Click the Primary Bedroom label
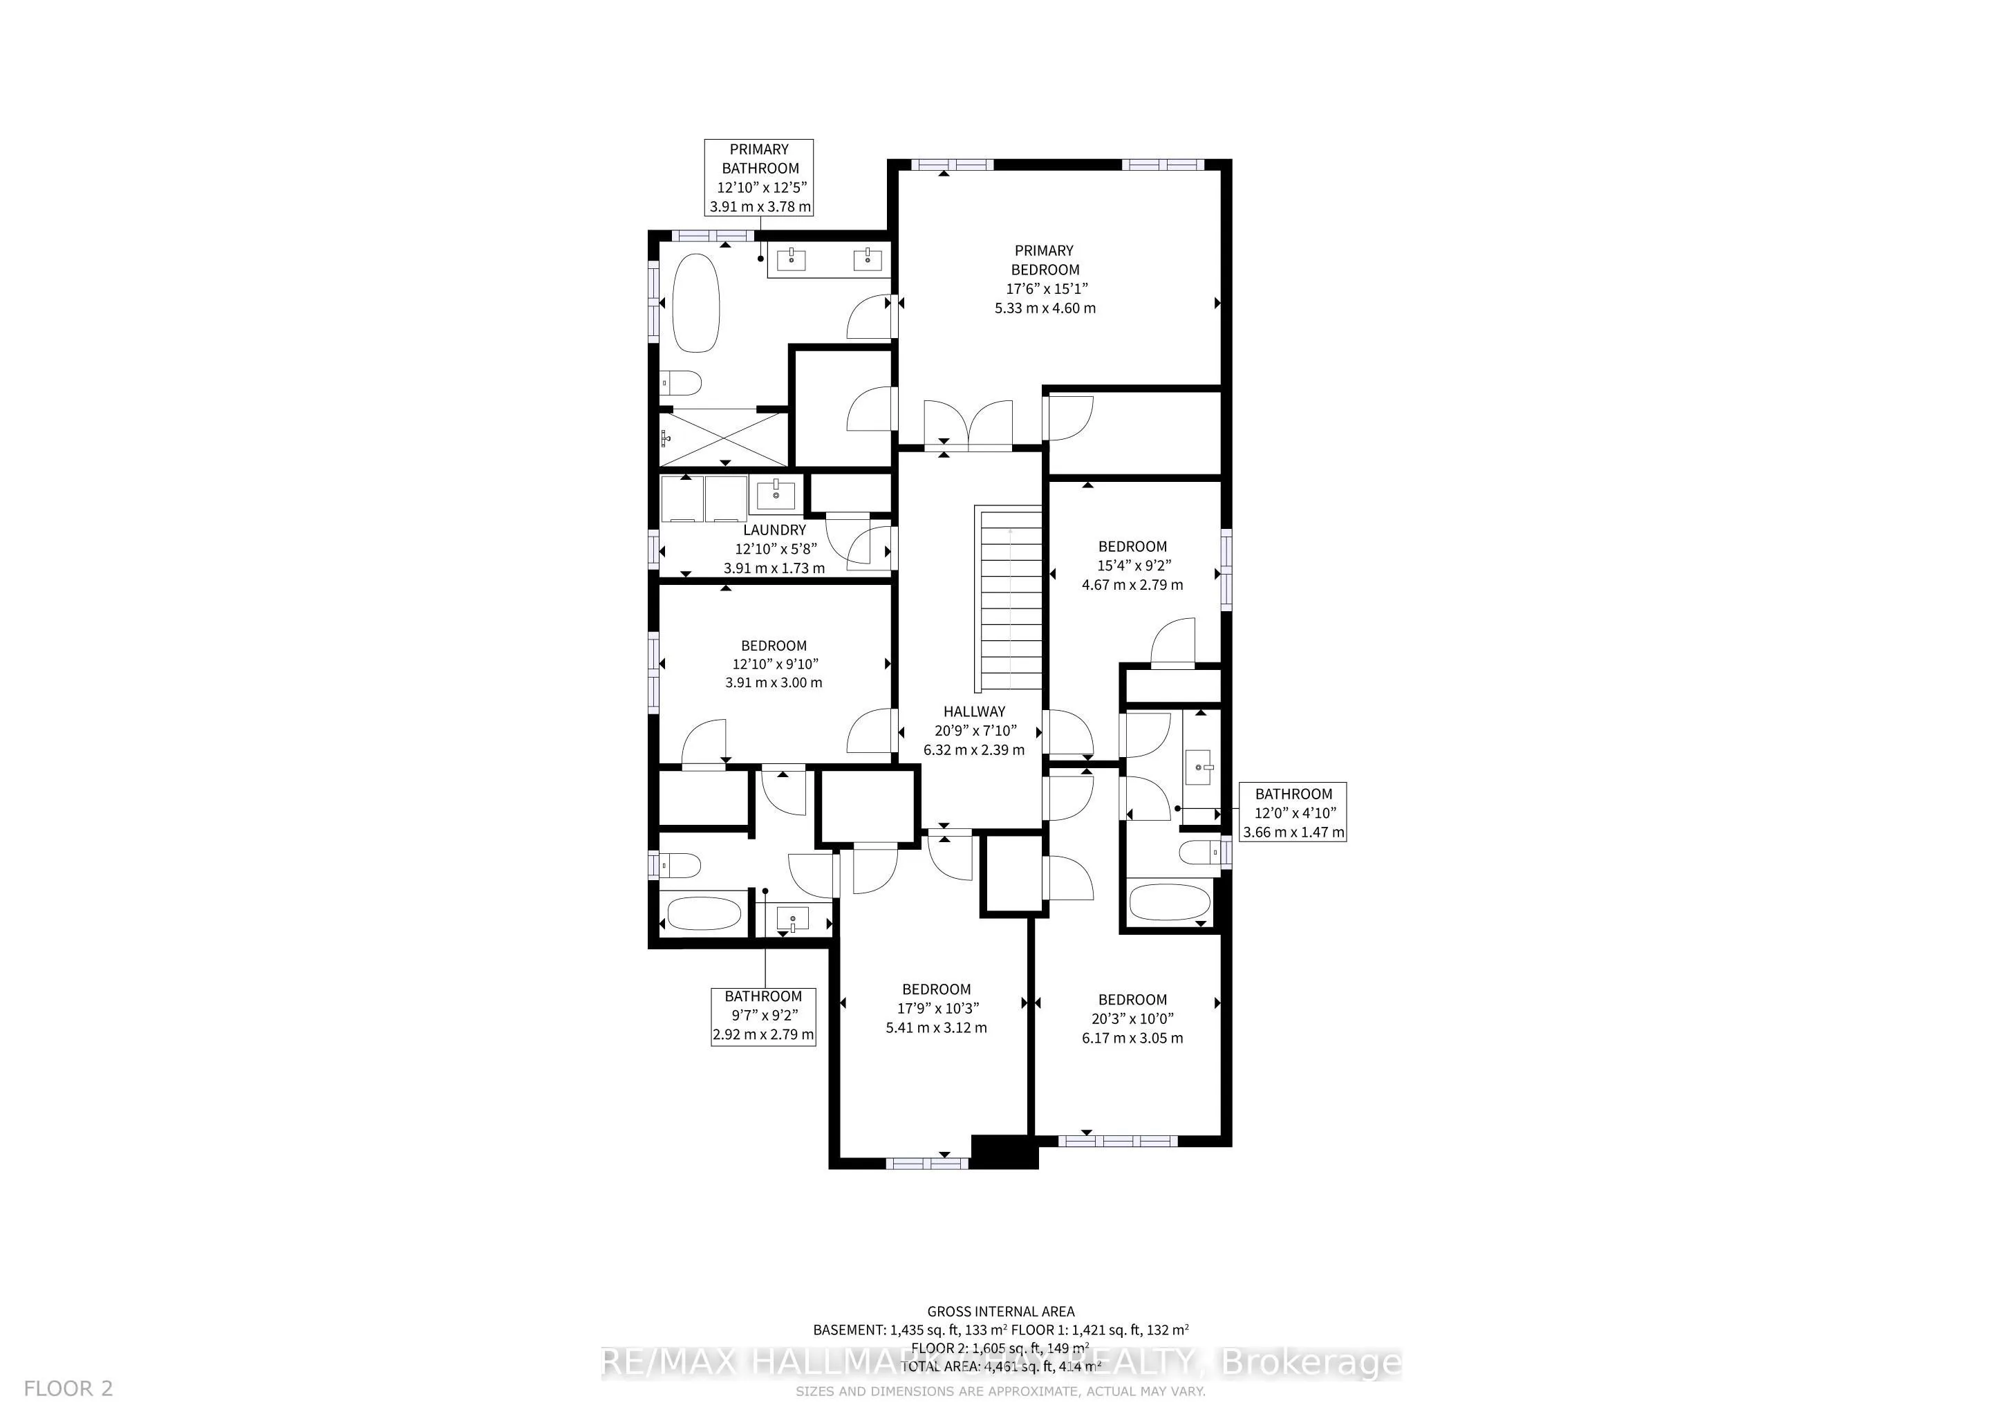click(1044, 260)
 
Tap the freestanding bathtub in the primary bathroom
click(696, 303)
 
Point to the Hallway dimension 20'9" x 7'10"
click(974, 731)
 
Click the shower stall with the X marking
click(724, 438)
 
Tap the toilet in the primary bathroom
click(682, 383)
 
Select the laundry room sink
click(775, 495)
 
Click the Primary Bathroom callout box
click(760, 178)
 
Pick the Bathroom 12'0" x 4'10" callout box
click(1293, 812)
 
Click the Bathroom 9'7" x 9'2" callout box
click(763, 1016)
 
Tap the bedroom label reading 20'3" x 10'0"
click(1132, 1018)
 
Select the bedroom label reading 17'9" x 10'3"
click(937, 1008)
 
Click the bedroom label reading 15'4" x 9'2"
click(1132, 565)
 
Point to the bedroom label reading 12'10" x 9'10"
click(774, 664)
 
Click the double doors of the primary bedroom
click(968, 425)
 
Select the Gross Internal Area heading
click(1000, 1310)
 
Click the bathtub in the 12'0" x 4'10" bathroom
click(1169, 902)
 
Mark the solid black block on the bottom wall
click(1004, 1151)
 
